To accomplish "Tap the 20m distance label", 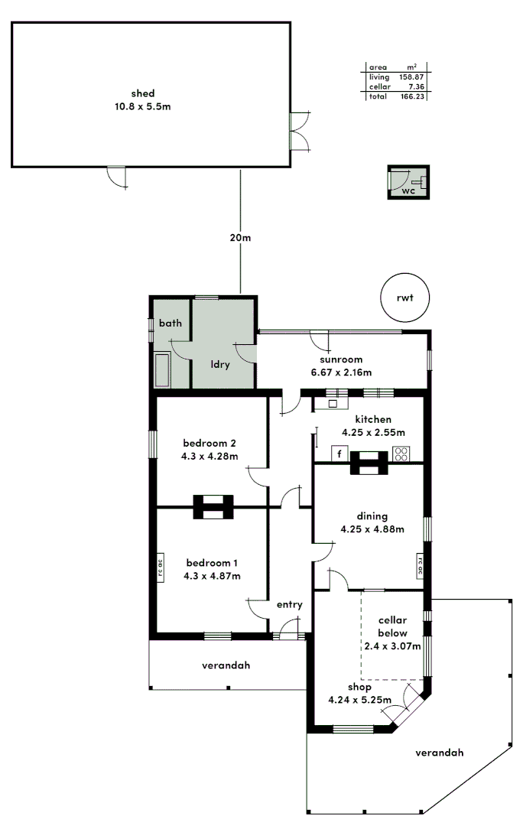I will [x=240, y=238].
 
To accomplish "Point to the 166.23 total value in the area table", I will [x=412, y=97].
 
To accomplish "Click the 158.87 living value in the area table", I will [x=412, y=77].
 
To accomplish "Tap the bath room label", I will [x=170, y=324].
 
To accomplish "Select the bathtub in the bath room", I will [x=162, y=370].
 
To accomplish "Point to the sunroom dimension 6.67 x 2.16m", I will [x=341, y=372].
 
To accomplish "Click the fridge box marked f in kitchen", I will [x=339, y=454].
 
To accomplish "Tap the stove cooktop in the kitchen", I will [x=401, y=454].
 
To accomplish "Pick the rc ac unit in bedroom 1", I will [x=161, y=567].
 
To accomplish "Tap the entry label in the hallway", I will [x=290, y=604].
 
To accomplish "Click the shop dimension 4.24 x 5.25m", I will [x=359, y=700].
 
